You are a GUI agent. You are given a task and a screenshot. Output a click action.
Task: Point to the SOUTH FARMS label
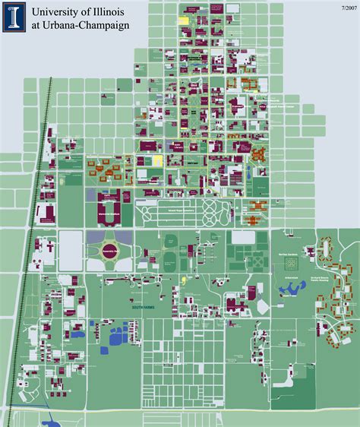tap(122, 307)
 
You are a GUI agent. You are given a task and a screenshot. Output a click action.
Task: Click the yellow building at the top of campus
tap(184, 21)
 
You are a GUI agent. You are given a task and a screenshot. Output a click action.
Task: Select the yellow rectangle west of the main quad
tap(158, 160)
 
